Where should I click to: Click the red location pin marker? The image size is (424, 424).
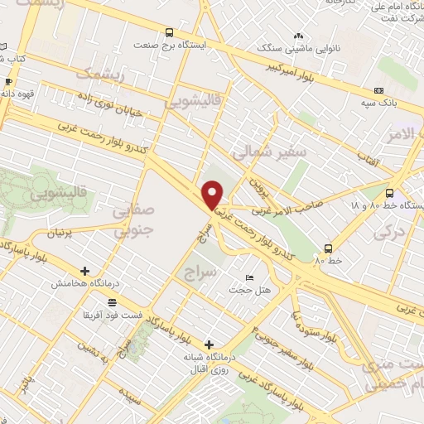214,195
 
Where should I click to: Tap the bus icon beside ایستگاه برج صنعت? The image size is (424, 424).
170,33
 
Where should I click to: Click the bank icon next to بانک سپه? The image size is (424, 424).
379,91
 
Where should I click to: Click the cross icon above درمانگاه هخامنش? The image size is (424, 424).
85,271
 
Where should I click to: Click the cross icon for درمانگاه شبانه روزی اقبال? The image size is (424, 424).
209,344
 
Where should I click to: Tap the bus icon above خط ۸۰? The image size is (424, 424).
329,248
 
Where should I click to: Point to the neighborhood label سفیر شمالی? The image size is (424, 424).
268,152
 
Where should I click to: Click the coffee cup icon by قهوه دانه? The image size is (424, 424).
8,82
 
